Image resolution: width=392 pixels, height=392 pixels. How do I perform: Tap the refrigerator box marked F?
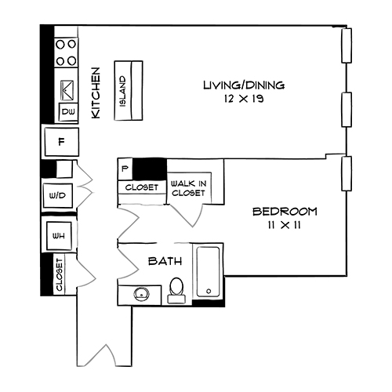click(x=62, y=142)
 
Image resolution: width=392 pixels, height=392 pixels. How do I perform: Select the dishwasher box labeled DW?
click(x=68, y=113)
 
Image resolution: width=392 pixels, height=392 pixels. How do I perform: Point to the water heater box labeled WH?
click(x=58, y=235)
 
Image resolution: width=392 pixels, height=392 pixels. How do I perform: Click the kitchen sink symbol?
click(x=67, y=89)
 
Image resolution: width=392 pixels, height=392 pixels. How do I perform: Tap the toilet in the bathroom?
click(x=177, y=290)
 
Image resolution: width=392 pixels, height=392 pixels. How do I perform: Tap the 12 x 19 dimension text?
click(x=243, y=100)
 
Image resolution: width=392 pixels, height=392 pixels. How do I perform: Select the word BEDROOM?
click(x=284, y=212)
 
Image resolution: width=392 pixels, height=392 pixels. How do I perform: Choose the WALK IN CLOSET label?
click(x=188, y=187)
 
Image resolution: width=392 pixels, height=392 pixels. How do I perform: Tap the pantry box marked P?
click(x=125, y=168)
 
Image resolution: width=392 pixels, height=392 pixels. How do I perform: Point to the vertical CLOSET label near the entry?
click(x=60, y=274)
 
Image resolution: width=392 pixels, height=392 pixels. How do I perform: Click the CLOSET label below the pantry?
click(x=141, y=188)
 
